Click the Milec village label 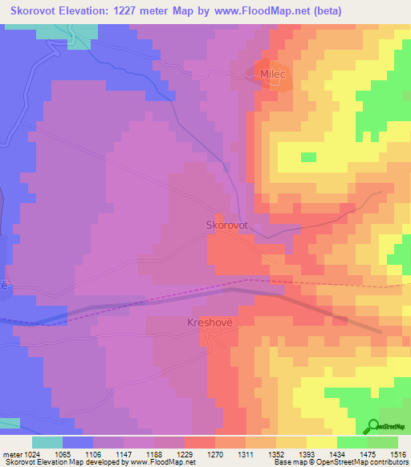(x=273, y=74)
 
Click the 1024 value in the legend (x=32, y=453)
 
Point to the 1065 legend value (x=63, y=453)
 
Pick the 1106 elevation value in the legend (x=93, y=453)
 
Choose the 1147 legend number (x=124, y=453)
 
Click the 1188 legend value (x=154, y=453)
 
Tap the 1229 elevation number (x=185, y=453)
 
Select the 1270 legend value (x=215, y=453)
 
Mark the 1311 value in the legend (x=246, y=453)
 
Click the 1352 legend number (x=276, y=453)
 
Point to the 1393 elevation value (x=307, y=453)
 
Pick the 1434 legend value (x=337, y=453)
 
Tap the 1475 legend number (x=368, y=453)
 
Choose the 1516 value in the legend (x=397, y=453)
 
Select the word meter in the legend (x=10, y=453)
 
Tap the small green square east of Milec (x=308, y=156)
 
